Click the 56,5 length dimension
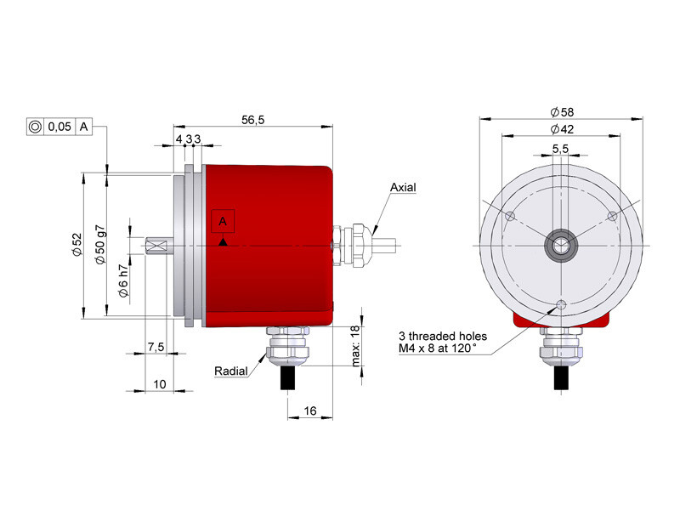(x=252, y=120)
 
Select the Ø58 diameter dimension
(x=562, y=112)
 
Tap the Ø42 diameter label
(x=562, y=129)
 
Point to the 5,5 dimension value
(x=560, y=149)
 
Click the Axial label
(x=403, y=187)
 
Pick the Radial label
(x=231, y=371)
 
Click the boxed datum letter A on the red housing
(x=223, y=221)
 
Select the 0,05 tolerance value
(x=59, y=127)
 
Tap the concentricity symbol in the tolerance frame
(x=35, y=127)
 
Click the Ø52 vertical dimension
(x=77, y=245)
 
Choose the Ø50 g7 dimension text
(x=100, y=245)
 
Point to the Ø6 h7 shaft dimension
(x=123, y=281)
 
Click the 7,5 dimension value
(x=156, y=347)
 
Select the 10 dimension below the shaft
(x=160, y=384)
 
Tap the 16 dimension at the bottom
(x=310, y=411)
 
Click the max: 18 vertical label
(x=355, y=346)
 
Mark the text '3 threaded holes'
(x=443, y=336)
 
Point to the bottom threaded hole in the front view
(x=561, y=304)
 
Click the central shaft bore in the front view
(x=561, y=246)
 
